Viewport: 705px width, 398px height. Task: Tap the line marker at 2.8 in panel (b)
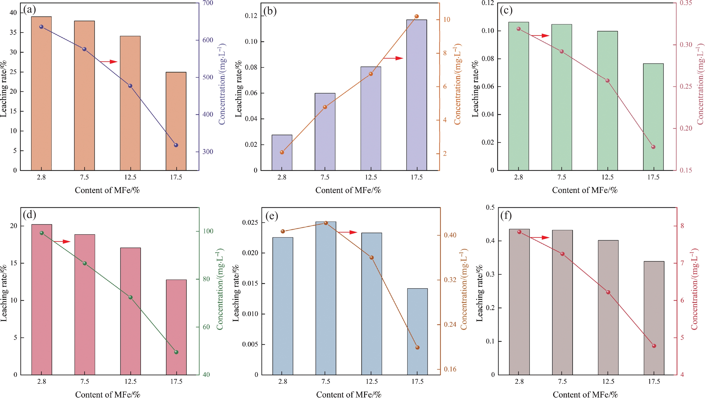pos(282,152)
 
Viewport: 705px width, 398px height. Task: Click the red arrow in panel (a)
pos(109,62)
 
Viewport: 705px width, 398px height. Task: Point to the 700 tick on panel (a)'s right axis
pos(207,3)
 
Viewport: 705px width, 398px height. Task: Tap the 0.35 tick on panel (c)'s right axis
pos(686,3)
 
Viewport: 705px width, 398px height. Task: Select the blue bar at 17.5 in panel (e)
pos(417,331)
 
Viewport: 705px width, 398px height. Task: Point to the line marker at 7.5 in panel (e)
pos(326,223)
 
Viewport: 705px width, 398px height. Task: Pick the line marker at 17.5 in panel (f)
pos(654,346)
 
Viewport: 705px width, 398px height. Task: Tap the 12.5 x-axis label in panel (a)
pos(130,177)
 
